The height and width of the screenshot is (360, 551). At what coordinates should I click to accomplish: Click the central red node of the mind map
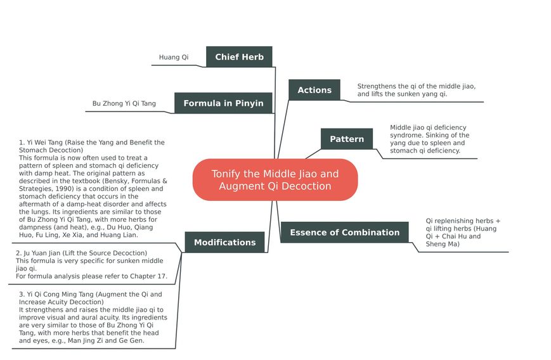275,180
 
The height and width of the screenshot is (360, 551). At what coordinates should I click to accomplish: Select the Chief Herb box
239,56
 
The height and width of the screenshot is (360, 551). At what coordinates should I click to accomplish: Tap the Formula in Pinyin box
223,103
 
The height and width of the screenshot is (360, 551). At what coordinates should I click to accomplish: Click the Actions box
314,90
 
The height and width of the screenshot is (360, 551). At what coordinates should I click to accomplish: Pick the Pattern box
346,139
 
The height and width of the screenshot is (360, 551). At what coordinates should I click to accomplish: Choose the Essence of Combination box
344,232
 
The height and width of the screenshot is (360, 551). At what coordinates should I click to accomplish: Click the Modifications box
224,242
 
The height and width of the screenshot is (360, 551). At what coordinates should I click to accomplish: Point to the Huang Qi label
174,57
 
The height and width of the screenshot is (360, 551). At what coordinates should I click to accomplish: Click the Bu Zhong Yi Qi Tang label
124,103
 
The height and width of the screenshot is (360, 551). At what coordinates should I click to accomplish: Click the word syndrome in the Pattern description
405,135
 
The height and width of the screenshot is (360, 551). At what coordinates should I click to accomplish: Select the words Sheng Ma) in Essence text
443,244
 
